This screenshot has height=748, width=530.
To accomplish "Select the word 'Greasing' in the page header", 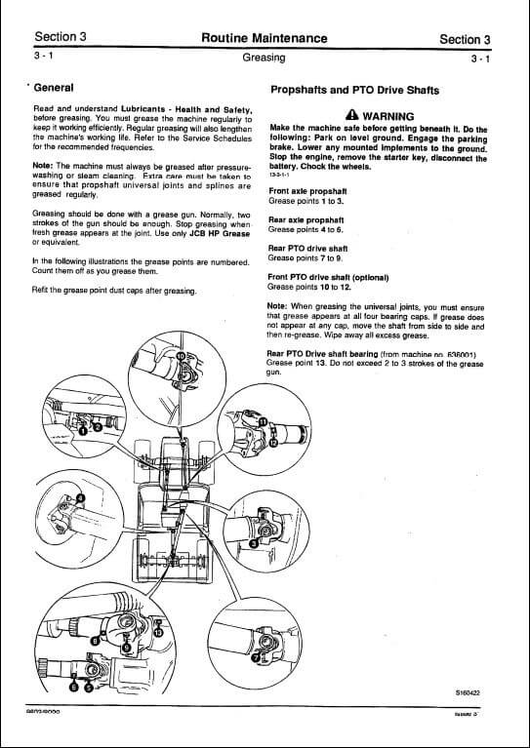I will pos(264,58).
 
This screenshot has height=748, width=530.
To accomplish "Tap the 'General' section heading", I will pos(61,88).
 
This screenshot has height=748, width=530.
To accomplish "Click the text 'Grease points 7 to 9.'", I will pos(306,258).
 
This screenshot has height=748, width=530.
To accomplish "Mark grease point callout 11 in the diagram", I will pos(263,420).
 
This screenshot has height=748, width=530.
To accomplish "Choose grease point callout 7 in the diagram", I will pos(256,658).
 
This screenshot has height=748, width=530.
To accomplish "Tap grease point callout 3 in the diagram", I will pos(253,542).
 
